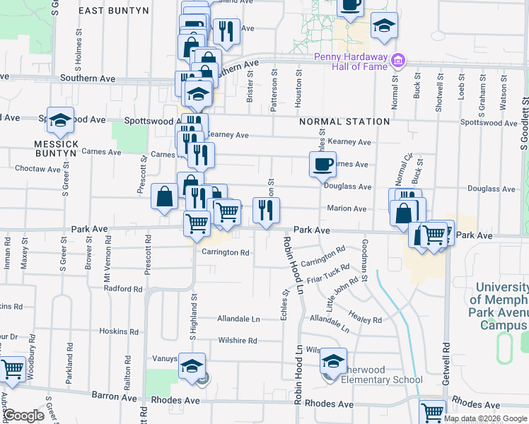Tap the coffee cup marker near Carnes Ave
pyautogui.click(x=322, y=164)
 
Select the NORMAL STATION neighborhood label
pyautogui.click(x=344, y=122)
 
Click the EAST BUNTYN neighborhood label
pyautogui.click(x=114, y=11)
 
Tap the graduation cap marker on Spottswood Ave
pyautogui.click(x=62, y=121)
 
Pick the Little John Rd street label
pyautogui.click(x=342, y=295)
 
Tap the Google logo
pyautogui.click(x=23, y=416)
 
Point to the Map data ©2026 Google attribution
pyautogui.click(x=484, y=418)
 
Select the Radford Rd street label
pyautogui.click(x=123, y=288)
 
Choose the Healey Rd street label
pyautogui.click(x=366, y=319)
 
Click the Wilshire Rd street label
pyautogui.click(x=237, y=340)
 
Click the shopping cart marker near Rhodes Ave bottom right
pyautogui.click(x=433, y=411)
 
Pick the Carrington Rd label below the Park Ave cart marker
pyautogui.click(x=226, y=252)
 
